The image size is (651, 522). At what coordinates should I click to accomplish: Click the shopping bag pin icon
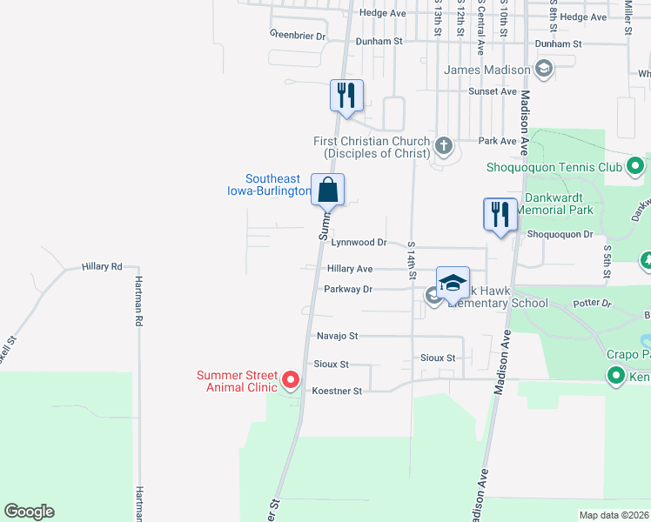327,190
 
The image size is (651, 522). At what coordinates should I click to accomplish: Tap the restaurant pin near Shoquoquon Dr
500,214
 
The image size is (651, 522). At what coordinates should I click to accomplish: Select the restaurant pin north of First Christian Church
346,96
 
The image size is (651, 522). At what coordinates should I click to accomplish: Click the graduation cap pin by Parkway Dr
453,283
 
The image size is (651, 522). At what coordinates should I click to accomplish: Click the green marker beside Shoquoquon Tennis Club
635,165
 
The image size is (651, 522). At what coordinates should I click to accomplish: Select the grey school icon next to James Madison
544,70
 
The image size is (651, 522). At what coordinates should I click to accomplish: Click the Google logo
29,512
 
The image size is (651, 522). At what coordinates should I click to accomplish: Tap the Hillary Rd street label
102,266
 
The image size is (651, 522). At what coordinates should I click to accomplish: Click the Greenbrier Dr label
298,37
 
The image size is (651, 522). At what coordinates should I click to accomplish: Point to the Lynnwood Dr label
358,243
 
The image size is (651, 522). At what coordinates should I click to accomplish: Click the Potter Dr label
593,304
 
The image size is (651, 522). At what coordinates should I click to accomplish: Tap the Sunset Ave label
493,91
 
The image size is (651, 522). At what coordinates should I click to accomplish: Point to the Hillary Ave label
350,270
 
